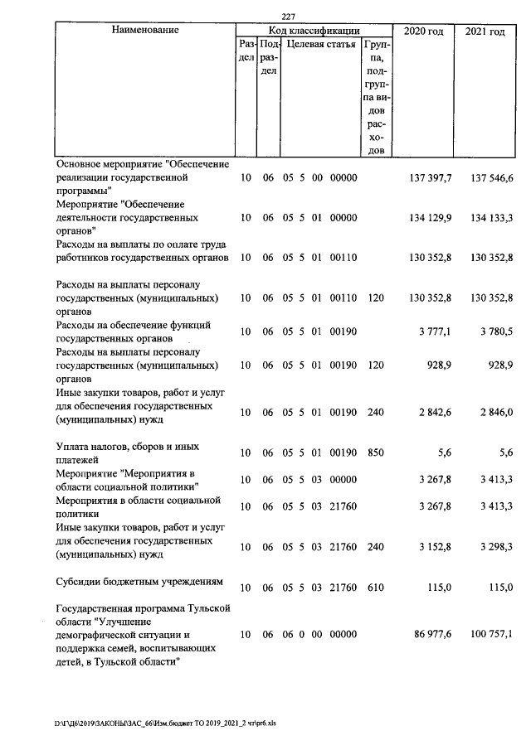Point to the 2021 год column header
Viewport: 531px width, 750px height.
pyautogui.click(x=485, y=31)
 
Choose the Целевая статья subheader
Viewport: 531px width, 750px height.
pyautogui.click(x=322, y=44)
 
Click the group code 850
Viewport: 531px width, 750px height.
pyautogui.click(x=376, y=452)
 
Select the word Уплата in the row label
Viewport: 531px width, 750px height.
pyautogui.click(x=74, y=447)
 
